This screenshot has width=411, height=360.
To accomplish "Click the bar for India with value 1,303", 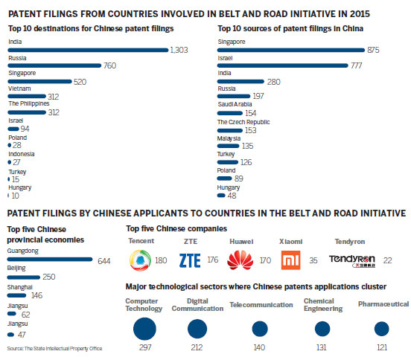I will pyautogui.click(x=89, y=50).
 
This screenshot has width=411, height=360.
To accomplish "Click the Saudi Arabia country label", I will pyautogui.click(x=236, y=106).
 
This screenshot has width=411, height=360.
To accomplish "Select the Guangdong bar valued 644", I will pyautogui.click(x=49, y=260).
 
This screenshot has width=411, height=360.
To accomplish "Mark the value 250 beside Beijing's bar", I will pyautogui.click(x=71, y=277).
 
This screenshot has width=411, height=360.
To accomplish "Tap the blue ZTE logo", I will pyautogui.click(x=191, y=260).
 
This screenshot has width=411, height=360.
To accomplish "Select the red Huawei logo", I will pyautogui.click(x=240, y=260).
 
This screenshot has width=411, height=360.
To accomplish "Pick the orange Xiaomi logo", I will pyautogui.click(x=290, y=260).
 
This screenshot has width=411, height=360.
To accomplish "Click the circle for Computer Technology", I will pyautogui.click(x=144, y=328).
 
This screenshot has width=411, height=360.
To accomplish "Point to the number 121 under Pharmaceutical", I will pyautogui.click(x=381, y=347).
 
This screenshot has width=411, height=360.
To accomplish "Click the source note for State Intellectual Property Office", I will pyautogui.click(x=54, y=348).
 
